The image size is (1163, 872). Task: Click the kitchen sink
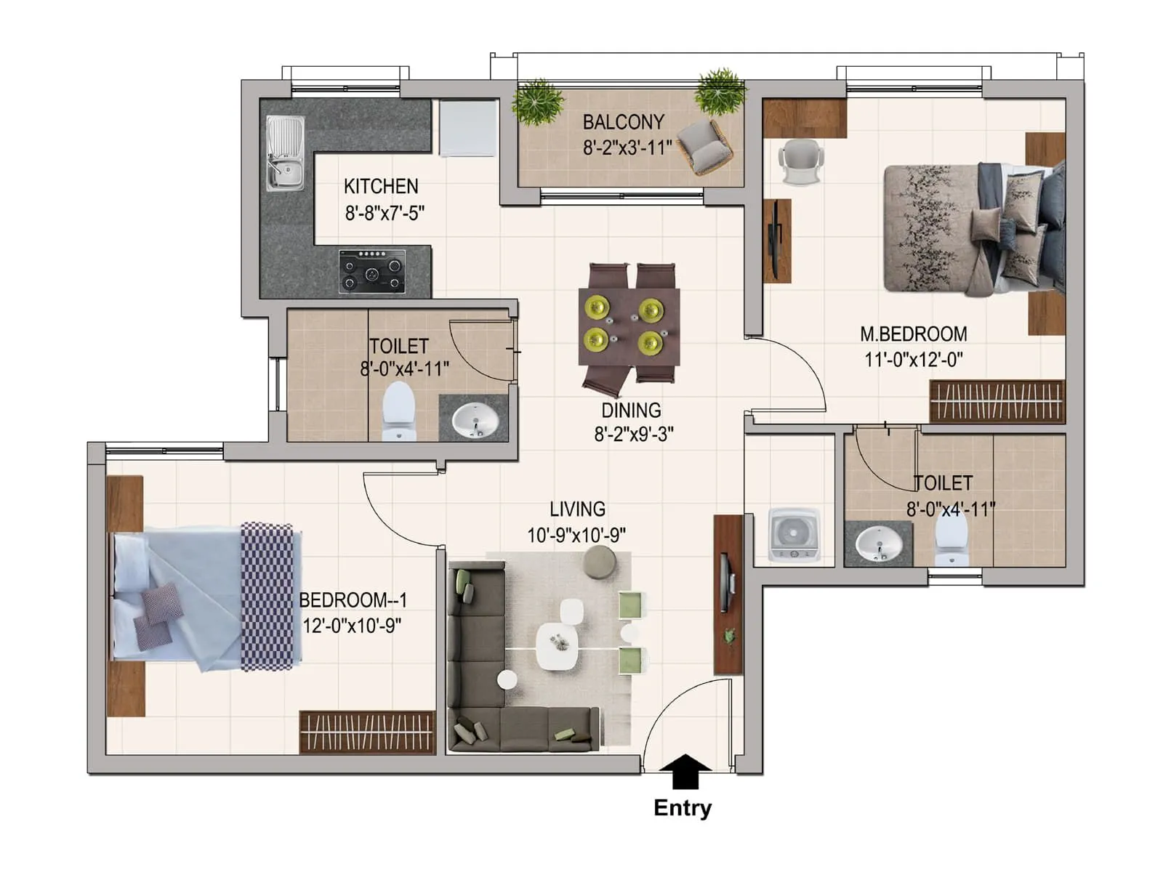click(x=285, y=153)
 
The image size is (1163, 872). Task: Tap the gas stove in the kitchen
click(x=372, y=272)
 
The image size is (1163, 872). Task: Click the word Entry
click(x=683, y=809)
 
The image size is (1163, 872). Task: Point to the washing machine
click(x=794, y=535)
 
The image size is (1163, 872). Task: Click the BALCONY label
click(x=624, y=122)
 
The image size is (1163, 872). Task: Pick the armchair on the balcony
click(x=704, y=147)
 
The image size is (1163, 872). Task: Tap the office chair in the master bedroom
click(x=800, y=162)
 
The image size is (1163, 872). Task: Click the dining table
click(x=629, y=327)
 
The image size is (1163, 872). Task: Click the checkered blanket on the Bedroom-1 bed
click(x=267, y=596)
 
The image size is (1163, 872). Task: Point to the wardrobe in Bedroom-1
click(x=367, y=732)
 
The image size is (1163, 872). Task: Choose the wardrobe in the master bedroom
click(x=997, y=401)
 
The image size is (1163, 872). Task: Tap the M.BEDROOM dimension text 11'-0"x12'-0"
click(x=914, y=360)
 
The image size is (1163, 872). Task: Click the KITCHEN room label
click(x=381, y=186)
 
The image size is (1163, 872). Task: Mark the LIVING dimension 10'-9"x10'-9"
click(x=576, y=536)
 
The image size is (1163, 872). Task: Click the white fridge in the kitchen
click(x=468, y=128)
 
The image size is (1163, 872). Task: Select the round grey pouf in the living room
click(x=599, y=562)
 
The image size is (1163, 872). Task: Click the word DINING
click(x=631, y=411)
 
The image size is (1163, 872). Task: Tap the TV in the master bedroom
click(x=775, y=240)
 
